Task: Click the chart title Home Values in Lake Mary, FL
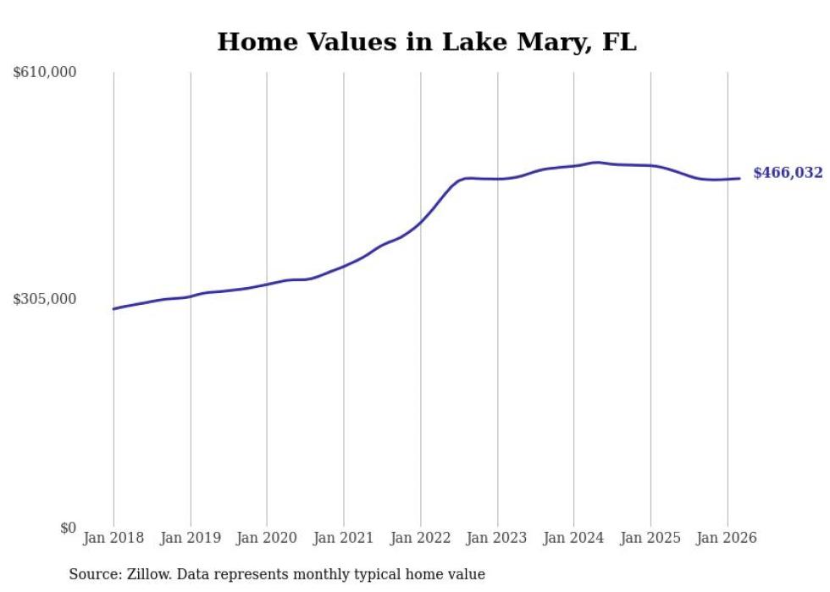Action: (x=426, y=42)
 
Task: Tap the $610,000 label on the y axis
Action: (x=45, y=73)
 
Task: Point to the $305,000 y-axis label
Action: (x=45, y=299)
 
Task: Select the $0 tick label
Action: (x=68, y=528)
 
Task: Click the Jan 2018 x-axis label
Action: (x=113, y=538)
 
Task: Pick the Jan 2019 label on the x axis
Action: (x=191, y=538)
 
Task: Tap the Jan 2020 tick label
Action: (x=267, y=538)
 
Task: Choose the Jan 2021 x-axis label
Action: (x=344, y=538)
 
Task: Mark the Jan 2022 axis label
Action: (x=421, y=538)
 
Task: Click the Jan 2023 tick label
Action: (x=497, y=538)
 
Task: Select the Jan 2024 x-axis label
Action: (x=574, y=538)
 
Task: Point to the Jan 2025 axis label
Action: (x=650, y=538)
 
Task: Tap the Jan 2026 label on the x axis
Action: (x=728, y=538)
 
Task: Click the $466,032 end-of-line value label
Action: (x=788, y=173)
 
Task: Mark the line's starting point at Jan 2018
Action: (x=113, y=309)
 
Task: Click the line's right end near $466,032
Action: (x=739, y=178)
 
